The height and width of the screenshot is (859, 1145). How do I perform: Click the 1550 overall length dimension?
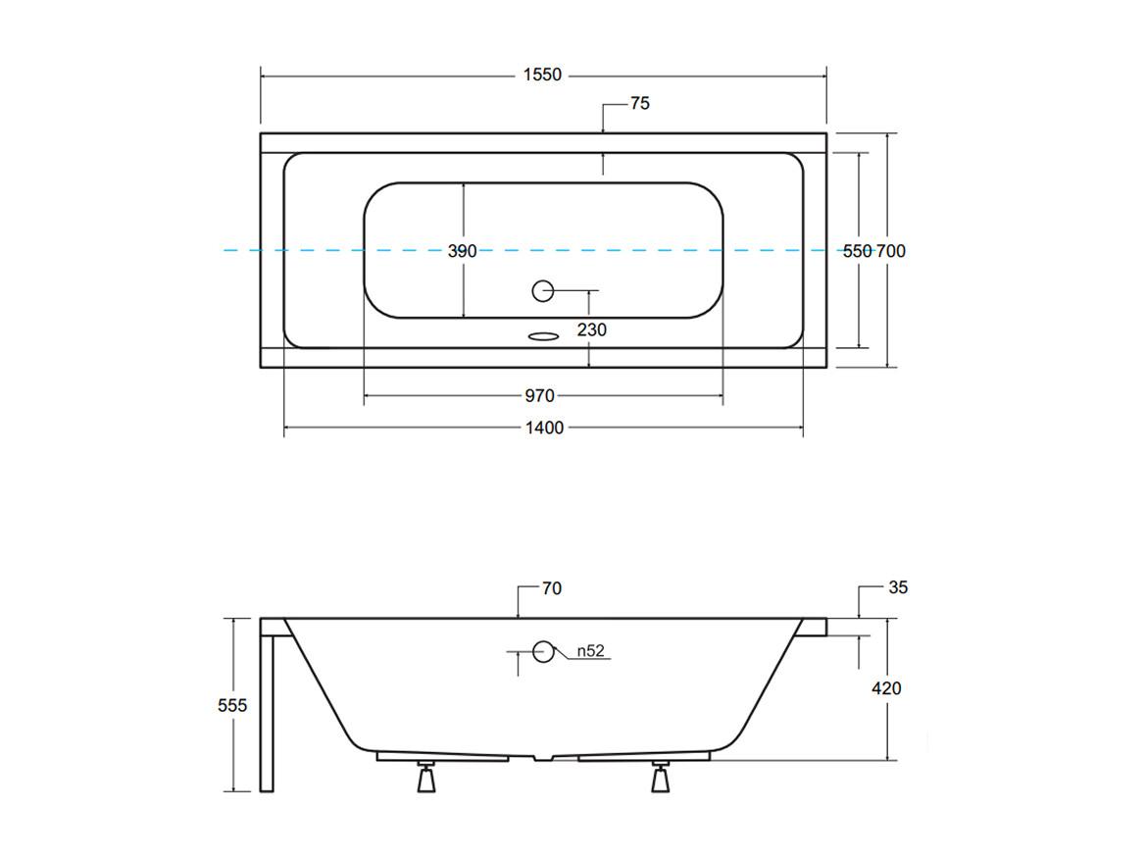pos(542,75)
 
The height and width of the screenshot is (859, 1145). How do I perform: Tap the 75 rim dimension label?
pos(640,104)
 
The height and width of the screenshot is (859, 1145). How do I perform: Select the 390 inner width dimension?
pos(463,251)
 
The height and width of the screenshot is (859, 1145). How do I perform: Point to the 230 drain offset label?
pos(591,330)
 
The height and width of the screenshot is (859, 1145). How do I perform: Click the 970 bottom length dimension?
pos(539,396)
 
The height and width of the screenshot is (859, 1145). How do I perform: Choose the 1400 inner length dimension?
pos(545,429)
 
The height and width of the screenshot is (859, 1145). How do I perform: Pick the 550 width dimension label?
pos(858,251)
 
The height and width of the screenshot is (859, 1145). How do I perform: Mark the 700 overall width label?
pos(891,251)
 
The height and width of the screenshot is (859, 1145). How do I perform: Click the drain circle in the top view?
pos(542,290)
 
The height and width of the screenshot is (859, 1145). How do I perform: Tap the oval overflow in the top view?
pos(542,336)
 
